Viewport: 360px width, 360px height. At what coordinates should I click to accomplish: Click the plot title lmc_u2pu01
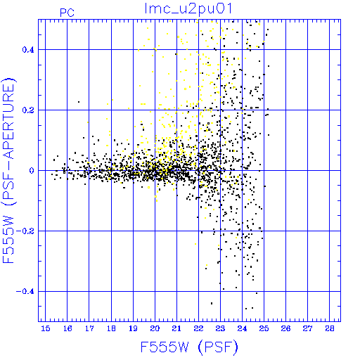point(188,8)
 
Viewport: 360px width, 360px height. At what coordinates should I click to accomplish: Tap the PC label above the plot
point(67,13)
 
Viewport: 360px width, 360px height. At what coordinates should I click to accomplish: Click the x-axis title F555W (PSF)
point(189,347)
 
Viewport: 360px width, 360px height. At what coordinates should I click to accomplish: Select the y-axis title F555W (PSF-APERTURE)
point(8,170)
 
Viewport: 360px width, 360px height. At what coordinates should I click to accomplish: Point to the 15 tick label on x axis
point(46,328)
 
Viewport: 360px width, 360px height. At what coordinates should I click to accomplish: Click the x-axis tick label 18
point(111,328)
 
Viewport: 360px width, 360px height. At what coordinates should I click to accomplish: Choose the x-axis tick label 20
point(155,328)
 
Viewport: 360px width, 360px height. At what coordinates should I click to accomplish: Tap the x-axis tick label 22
point(198,328)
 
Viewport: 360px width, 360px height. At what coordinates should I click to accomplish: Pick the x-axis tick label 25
point(264,328)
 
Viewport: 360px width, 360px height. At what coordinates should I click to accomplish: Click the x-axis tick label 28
point(330,328)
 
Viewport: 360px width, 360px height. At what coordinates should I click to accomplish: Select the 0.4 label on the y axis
point(28,50)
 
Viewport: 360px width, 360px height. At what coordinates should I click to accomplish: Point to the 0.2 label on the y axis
point(28,110)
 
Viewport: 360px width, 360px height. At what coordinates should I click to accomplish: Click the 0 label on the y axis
point(32,170)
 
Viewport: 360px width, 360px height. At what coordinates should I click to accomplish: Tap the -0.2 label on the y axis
point(25,231)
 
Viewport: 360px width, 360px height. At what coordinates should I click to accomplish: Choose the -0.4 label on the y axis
point(25,292)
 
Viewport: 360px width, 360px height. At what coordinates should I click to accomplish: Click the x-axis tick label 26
point(285,328)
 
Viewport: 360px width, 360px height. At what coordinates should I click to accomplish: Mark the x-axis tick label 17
point(89,328)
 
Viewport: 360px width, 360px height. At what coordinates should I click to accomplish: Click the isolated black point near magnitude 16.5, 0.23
point(79,102)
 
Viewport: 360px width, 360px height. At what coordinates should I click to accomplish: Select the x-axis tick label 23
point(220,328)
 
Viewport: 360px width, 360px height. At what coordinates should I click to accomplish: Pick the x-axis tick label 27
point(307,328)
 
